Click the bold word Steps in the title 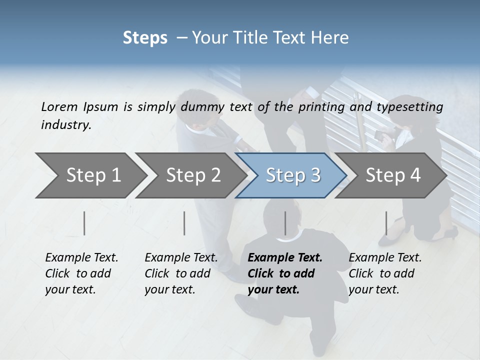(145, 37)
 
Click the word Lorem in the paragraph (59, 106)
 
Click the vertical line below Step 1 (84, 223)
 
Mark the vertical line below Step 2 (184, 223)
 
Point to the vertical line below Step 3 (285, 223)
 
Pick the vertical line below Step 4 (386, 223)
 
